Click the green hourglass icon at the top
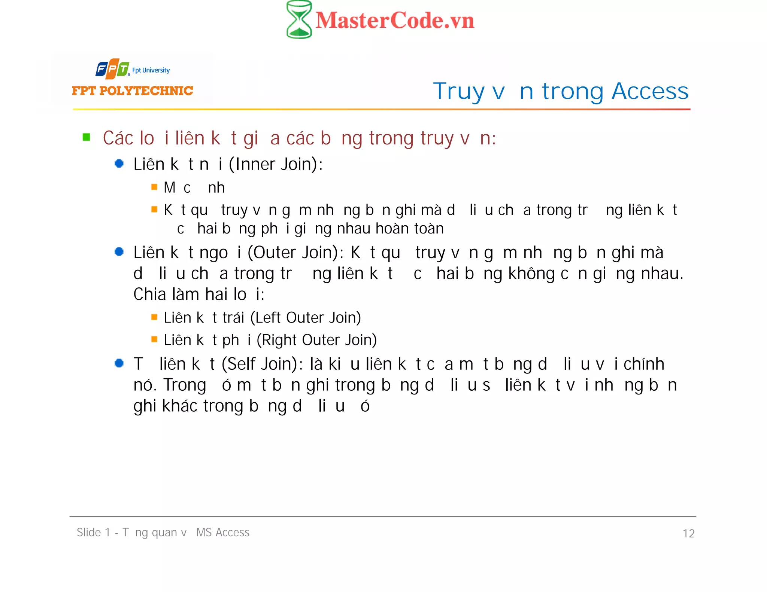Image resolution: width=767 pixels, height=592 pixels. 299,19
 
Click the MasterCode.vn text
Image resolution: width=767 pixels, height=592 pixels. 395,21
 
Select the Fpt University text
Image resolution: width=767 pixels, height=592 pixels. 151,70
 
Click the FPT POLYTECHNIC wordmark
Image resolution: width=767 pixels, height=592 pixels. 132,91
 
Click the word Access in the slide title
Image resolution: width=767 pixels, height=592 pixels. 650,91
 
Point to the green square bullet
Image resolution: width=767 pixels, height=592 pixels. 87,137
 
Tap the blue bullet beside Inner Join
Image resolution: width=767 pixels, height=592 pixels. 119,164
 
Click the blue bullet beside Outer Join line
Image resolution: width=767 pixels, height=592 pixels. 119,252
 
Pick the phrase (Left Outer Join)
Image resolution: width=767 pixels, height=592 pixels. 306,318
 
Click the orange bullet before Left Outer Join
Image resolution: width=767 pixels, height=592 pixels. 154,317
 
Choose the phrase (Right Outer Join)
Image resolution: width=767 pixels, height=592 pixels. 316,340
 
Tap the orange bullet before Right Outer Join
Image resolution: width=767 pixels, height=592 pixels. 154,339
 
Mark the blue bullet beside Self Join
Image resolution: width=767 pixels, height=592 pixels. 119,363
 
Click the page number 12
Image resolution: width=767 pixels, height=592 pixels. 688,533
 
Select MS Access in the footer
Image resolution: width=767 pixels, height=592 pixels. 223,533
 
